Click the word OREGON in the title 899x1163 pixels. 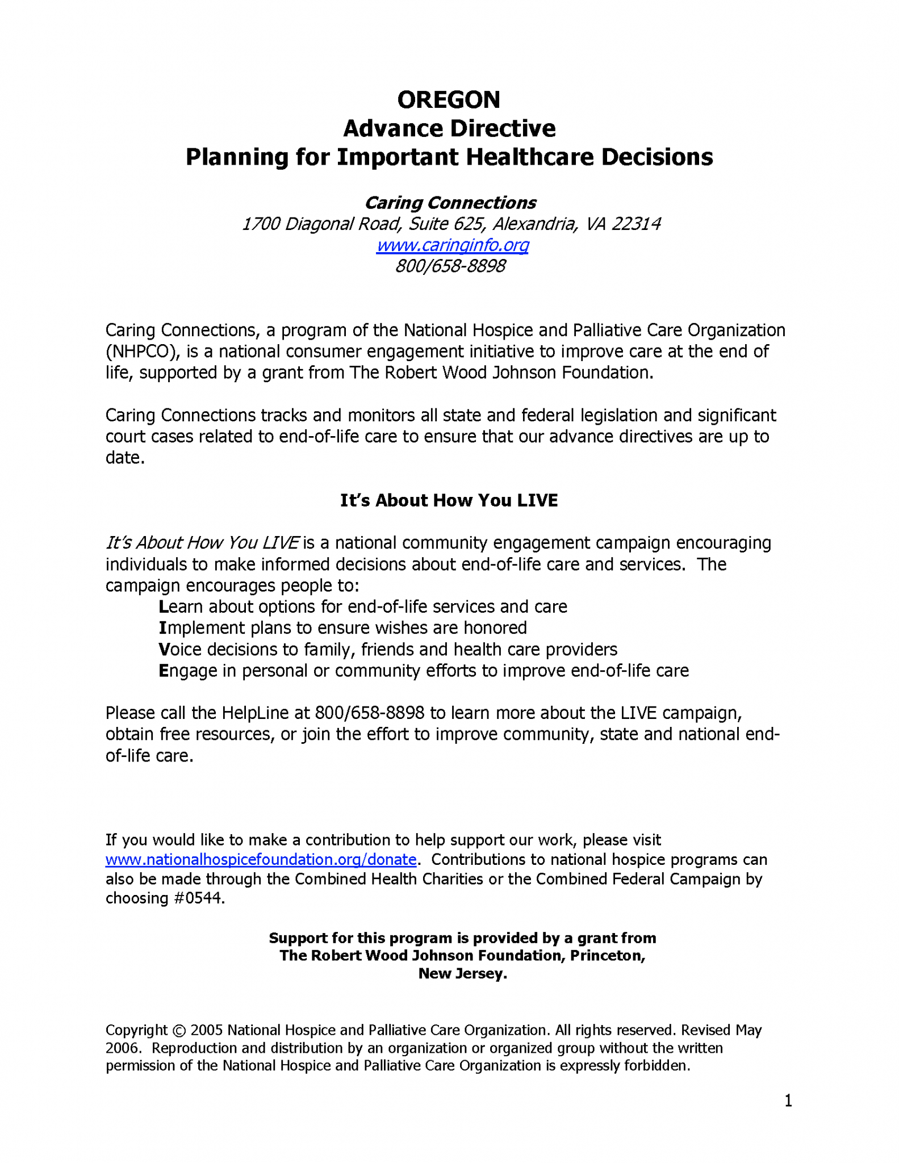tap(449, 100)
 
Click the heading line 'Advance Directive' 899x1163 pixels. tap(449, 128)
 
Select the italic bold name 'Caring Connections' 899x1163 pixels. tap(450, 203)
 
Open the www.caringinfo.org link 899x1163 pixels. tap(453, 245)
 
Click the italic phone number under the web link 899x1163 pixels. tap(450, 266)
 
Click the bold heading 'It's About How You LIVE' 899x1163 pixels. tap(449, 500)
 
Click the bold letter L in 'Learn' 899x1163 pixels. tap(164, 607)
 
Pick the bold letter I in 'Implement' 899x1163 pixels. tap(162, 628)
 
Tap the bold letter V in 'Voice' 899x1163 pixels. tap(164, 650)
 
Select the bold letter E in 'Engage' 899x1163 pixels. tap(164, 671)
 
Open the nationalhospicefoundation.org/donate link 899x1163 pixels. tap(261, 859)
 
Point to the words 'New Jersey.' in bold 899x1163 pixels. tap(462, 973)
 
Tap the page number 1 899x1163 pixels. tap(788, 1101)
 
